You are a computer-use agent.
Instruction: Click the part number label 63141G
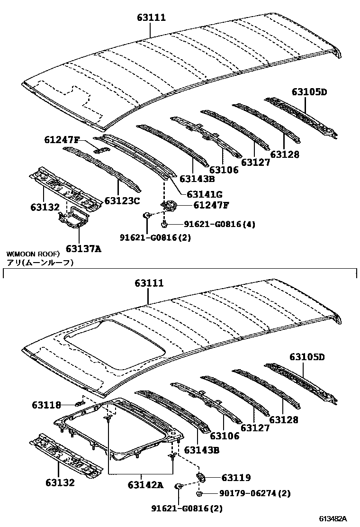(x=205, y=194)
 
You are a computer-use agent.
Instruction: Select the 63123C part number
(x=122, y=201)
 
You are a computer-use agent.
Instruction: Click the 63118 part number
(x=46, y=405)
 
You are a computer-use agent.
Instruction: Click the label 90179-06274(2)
(x=255, y=494)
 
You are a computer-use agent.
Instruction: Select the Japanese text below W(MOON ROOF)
(x=41, y=262)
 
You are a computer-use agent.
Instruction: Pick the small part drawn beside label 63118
(x=78, y=404)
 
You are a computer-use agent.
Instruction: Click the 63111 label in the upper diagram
(x=152, y=18)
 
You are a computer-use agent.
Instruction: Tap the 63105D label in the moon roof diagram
(x=308, y=357)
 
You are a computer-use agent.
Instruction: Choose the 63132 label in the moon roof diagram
(x=60, y=483)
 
